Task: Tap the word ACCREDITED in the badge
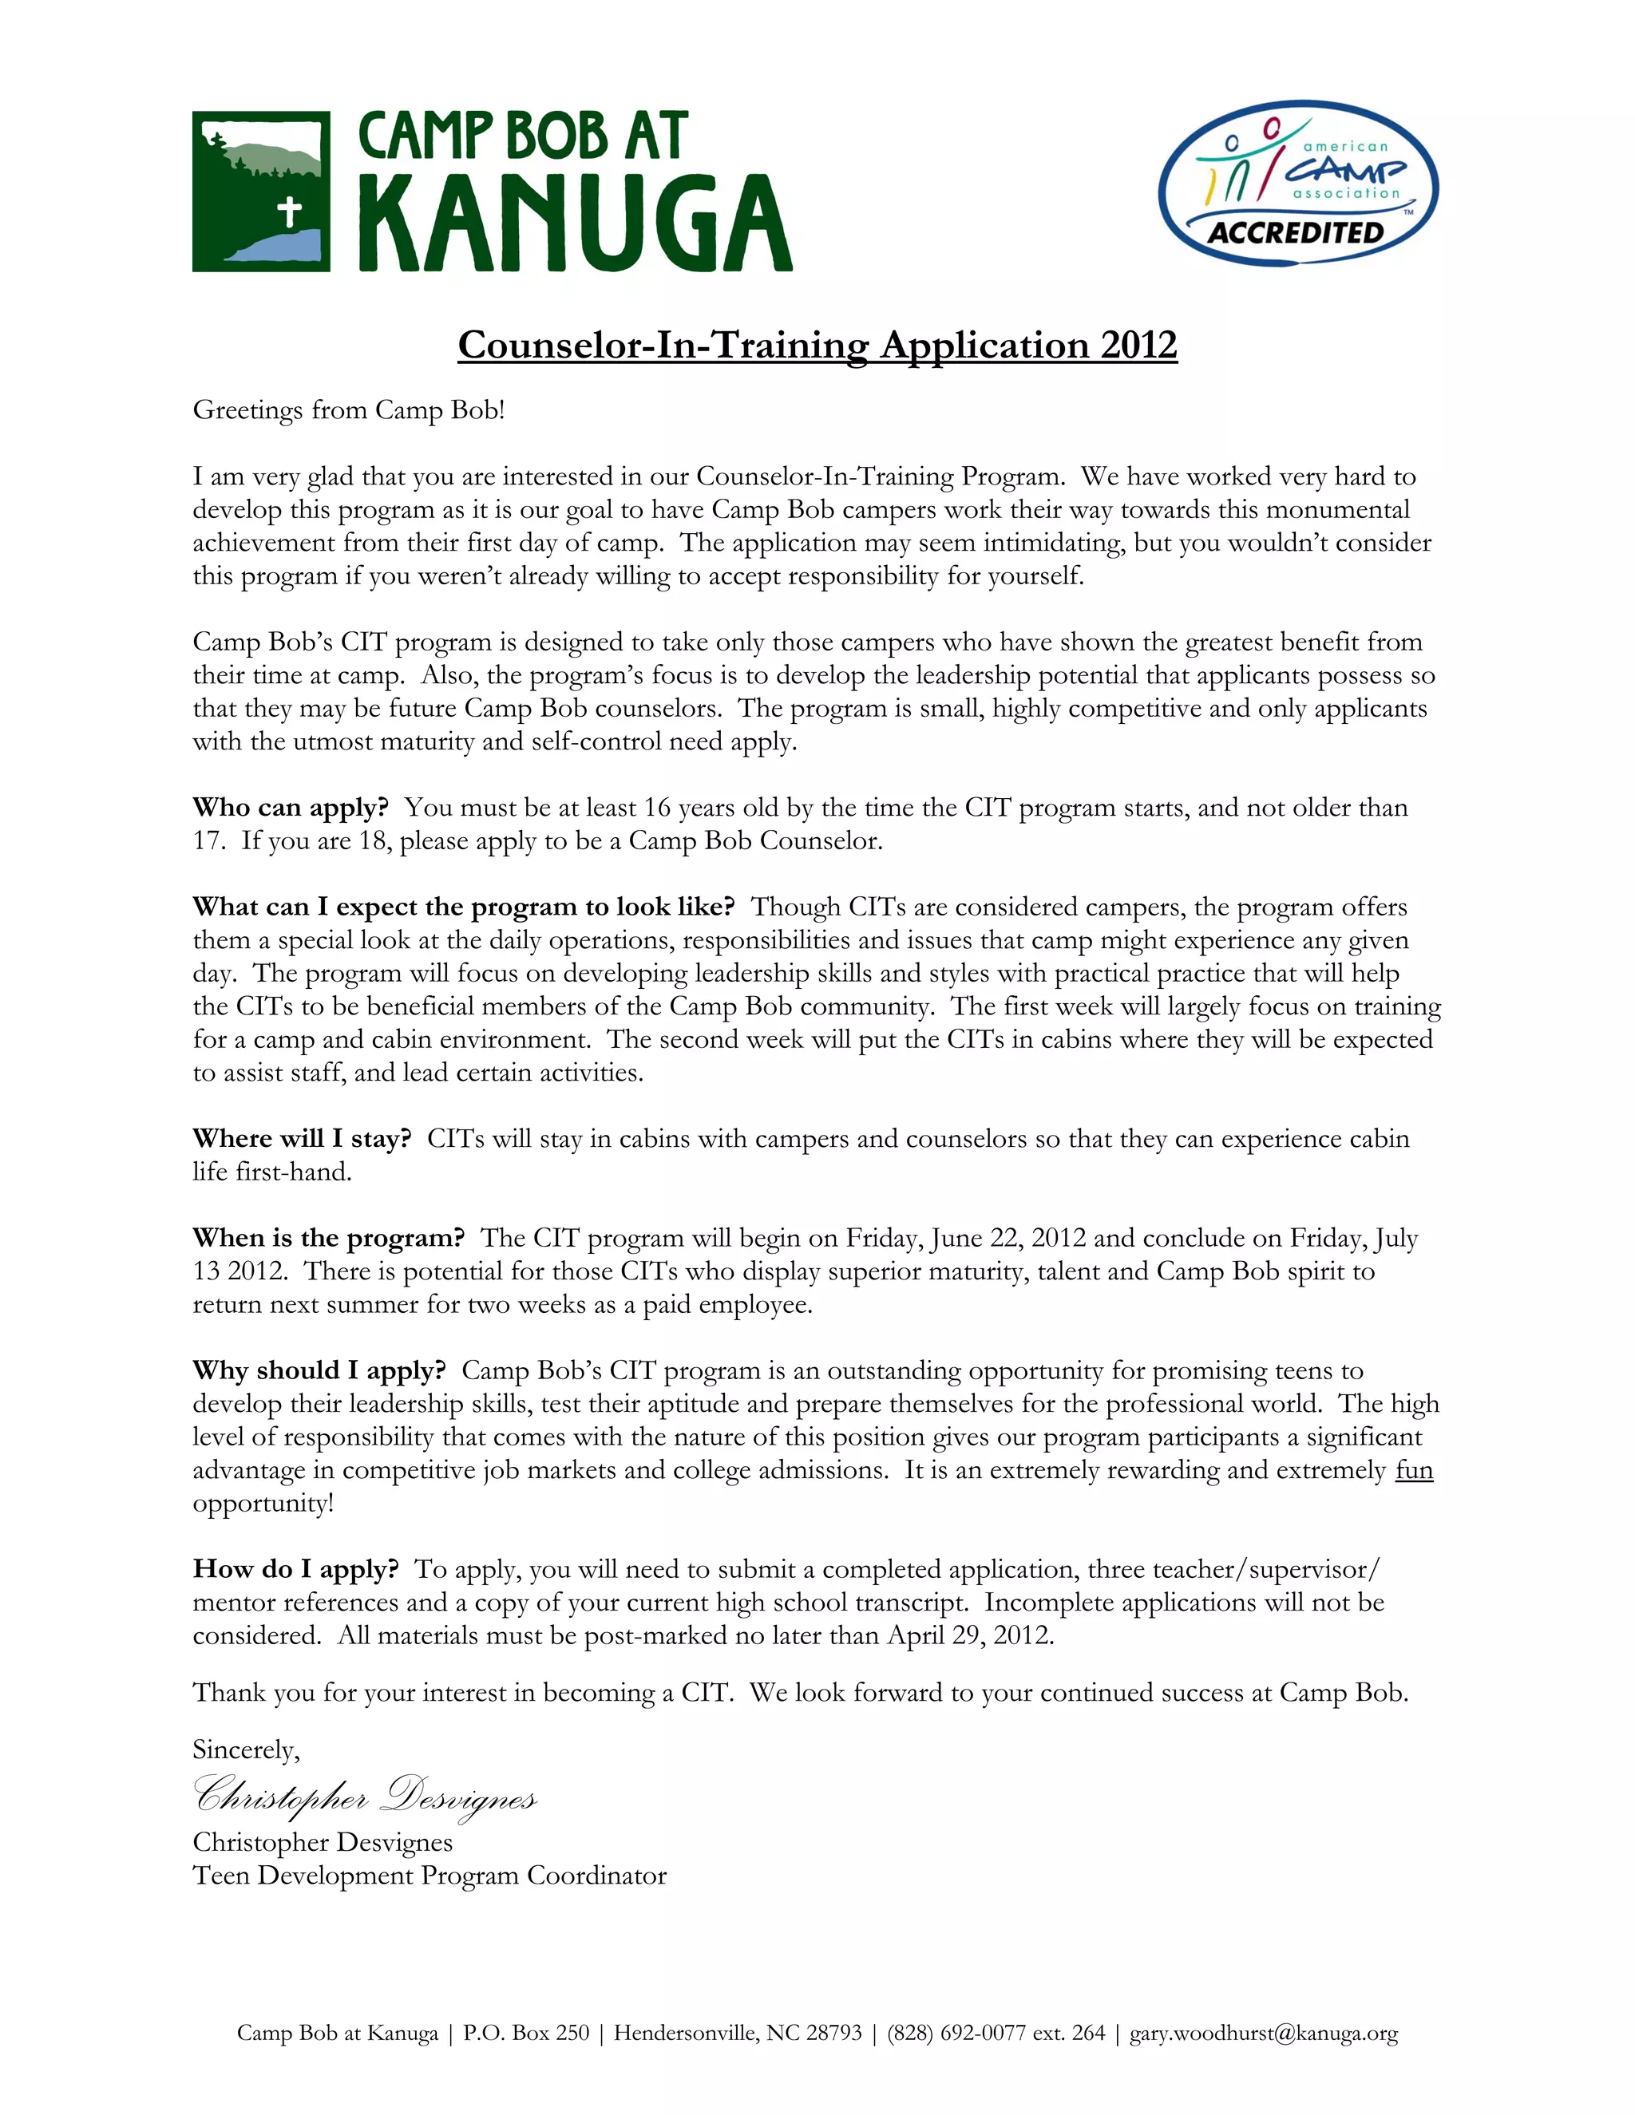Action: tap(1296, 233)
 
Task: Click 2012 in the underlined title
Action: tap(1138, 345)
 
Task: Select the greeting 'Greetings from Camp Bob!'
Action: tap(349, 409)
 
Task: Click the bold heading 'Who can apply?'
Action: tap(291, 808)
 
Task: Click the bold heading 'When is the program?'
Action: tap(328, 1239)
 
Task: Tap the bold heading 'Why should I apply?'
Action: tap(319, 1371)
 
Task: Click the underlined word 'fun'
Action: tap(1413, 1470)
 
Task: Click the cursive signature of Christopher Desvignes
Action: tap(364, 1793)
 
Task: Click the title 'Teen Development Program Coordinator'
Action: tap(429, 1876)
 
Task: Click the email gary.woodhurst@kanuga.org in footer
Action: tap(1263, 2033)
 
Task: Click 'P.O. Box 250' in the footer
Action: tap(525, 2033)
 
